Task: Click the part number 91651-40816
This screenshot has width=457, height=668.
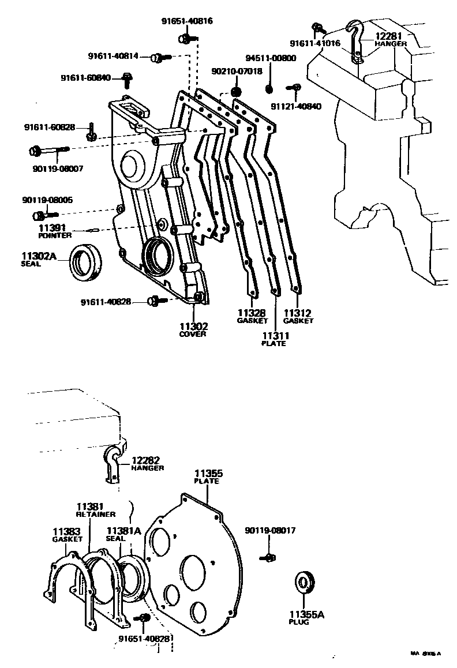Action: tap(186, 21)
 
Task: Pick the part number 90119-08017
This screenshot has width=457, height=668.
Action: tap(270, 531)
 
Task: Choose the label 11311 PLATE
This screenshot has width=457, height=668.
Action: tap(275, 339)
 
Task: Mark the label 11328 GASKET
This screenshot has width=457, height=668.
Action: tap(252, 316)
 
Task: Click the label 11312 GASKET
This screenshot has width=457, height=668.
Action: tap(298, 316)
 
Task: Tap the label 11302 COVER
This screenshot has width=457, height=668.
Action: tap(193, 329)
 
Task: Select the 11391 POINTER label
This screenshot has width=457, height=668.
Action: tap(55, 231)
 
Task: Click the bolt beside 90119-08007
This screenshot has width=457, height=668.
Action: tap(48, 151)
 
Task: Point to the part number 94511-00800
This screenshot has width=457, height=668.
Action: tap(271, 58)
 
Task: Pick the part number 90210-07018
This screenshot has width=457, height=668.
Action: tap(237, 72)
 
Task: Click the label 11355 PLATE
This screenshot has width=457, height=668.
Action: tap(208, 477)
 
